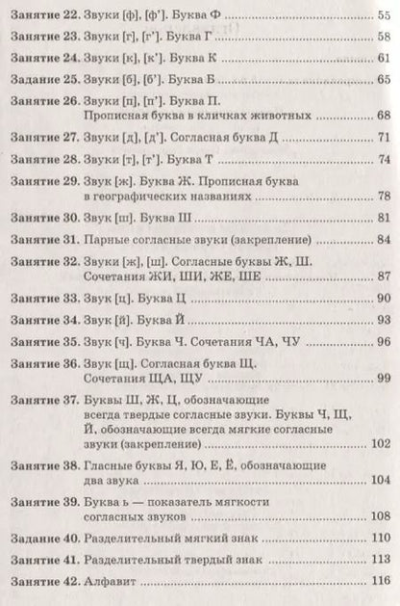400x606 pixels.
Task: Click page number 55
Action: [382, 13]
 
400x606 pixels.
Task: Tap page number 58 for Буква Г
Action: [382, 38]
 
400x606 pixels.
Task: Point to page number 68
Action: [382, 117]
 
